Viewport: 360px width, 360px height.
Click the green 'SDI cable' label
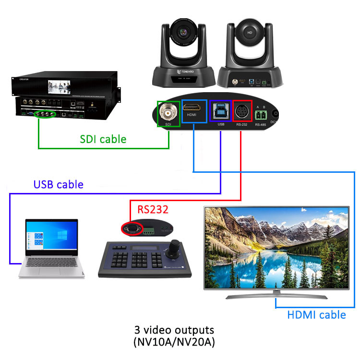(103, 139)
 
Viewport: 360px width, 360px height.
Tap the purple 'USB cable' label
(58, 184)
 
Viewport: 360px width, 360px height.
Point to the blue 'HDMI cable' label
(316, 315)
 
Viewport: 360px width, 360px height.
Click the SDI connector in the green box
(168, 114)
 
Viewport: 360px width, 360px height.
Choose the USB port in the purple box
(220, 110)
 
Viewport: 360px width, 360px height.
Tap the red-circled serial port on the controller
(131, 229)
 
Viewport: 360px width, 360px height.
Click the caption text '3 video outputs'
(174, 331)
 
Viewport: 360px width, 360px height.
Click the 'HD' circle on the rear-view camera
(249, 33)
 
